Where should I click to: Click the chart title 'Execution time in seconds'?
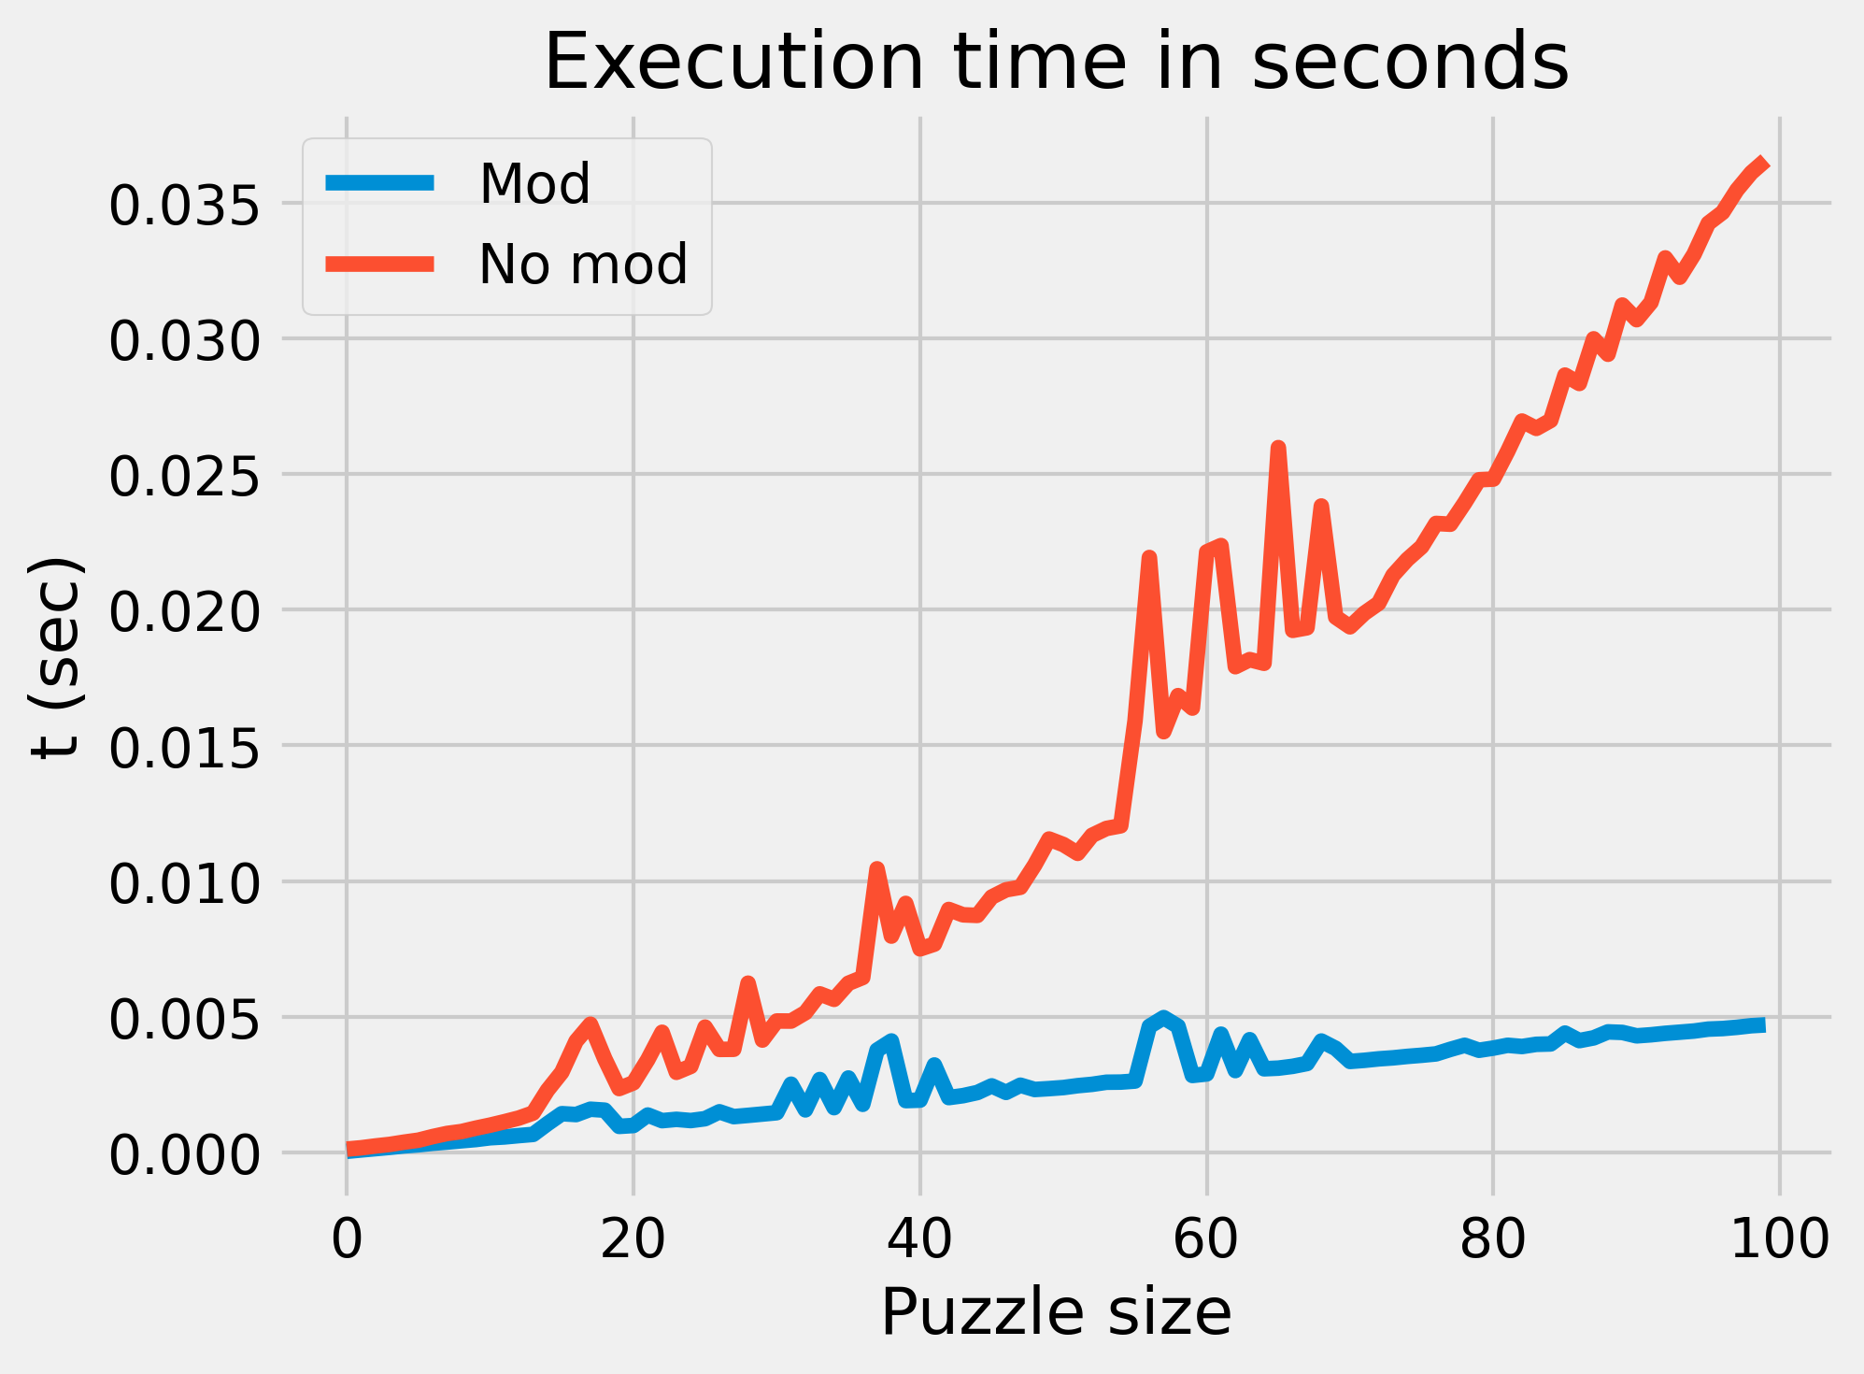[1056, 62]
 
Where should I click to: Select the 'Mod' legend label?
[534, 183]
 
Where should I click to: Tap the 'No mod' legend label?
[583, 265]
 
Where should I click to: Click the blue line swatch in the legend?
[380, 183]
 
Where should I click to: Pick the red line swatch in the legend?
[380, 265]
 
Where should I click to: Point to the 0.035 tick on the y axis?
[183, 206]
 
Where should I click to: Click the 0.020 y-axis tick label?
[183, 612]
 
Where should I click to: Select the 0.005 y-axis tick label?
[183, 1019]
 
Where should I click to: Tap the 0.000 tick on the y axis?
[183, 1155]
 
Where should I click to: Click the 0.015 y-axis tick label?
[183, 748]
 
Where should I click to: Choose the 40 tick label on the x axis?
[919, 1240]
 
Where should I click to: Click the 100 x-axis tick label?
[1779, 1240]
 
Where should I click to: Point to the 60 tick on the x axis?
[1206, 1240]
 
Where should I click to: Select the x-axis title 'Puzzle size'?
[1056, 1313]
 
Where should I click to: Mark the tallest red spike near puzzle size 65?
[1278, 449]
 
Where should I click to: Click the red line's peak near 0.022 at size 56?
[1149, 558]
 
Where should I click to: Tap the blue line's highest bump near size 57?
[1163, 1017]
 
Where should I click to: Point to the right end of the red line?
[1764, 164]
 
